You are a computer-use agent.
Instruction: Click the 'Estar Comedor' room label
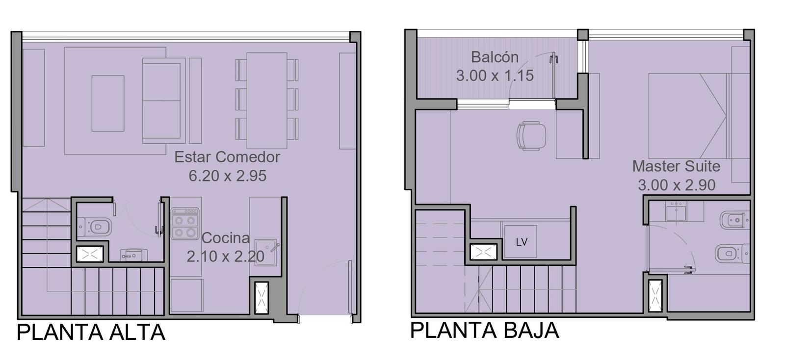click(227, 157)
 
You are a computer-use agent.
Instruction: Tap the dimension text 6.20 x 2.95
click(228, 176)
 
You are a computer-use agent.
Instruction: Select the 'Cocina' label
click(225, 238)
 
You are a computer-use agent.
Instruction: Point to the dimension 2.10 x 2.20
click(225, 257)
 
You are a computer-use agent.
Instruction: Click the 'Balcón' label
click(495, 57)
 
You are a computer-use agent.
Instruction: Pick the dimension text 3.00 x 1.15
click(495, 76)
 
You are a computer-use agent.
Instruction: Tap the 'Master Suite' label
click(676, 166)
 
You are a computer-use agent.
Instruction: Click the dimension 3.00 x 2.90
click(677, 185)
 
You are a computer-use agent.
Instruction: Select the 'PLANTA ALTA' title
click(91, 332)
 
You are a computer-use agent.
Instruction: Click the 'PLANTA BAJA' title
click(484, 330)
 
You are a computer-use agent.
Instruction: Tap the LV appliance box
click(521, 242)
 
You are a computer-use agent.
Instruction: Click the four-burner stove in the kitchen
click(185, 224)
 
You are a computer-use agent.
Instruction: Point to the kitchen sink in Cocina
click(265, 253)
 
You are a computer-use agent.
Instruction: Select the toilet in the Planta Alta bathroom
click(95, 227)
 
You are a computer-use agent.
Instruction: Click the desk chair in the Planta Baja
click(531, 136)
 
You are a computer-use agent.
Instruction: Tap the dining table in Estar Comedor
click(267, 101)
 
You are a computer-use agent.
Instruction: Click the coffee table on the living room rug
click(108, 103)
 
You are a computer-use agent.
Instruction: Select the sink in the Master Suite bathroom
click(676, 211)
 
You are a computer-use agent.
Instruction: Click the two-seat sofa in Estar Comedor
click(164, 101)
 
